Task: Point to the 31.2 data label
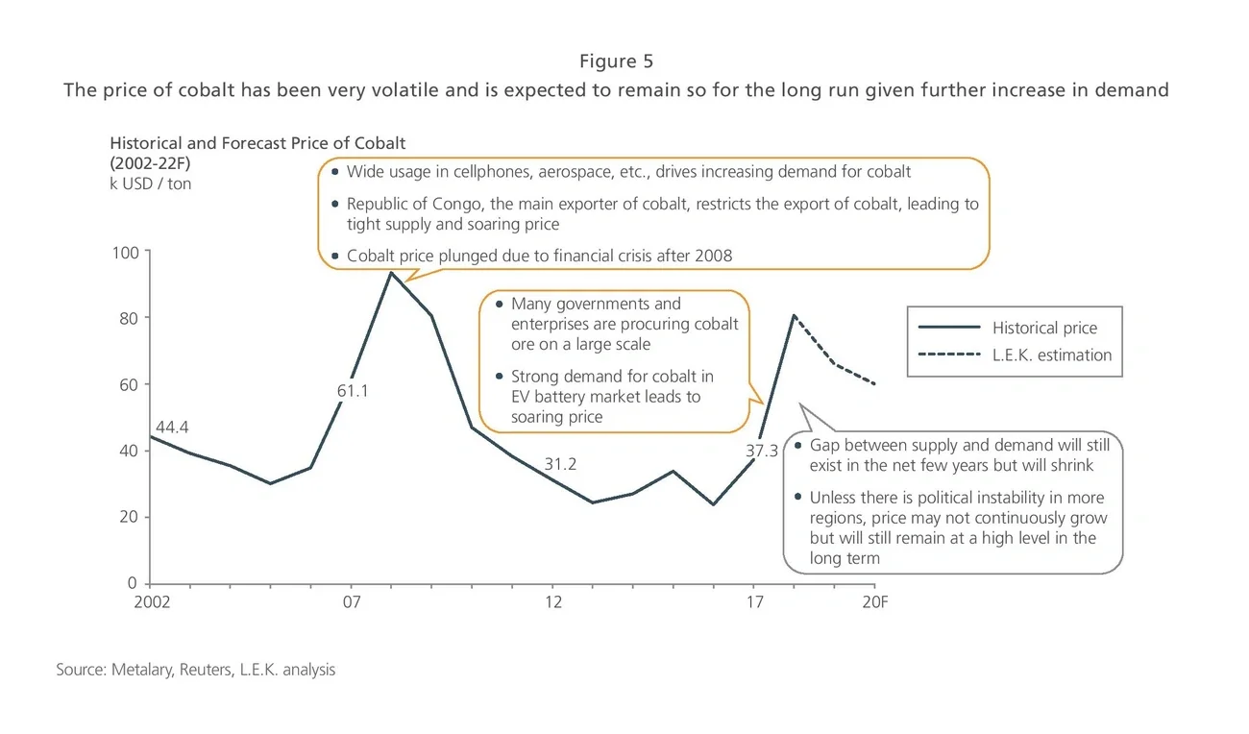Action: tap(560, 464)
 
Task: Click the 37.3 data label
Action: tap(762, 451)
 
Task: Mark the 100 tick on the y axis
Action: tap(127, 252)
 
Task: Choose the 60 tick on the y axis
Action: tap(131, 384)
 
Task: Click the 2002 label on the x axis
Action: tap(153, 602)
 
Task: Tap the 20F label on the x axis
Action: tap(874, 602)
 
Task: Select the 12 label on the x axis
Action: tap(553, 602)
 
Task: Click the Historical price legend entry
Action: tap(1044, 328)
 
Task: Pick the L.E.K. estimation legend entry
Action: tap(1052, 355)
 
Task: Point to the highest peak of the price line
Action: tap(391, 273)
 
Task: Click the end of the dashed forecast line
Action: tap(874, 383)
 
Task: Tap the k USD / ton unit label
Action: tap(150, 183)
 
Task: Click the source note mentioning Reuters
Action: tap(196, 670)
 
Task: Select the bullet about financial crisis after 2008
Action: tap(539, 256)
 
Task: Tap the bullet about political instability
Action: tap(956, 527)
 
